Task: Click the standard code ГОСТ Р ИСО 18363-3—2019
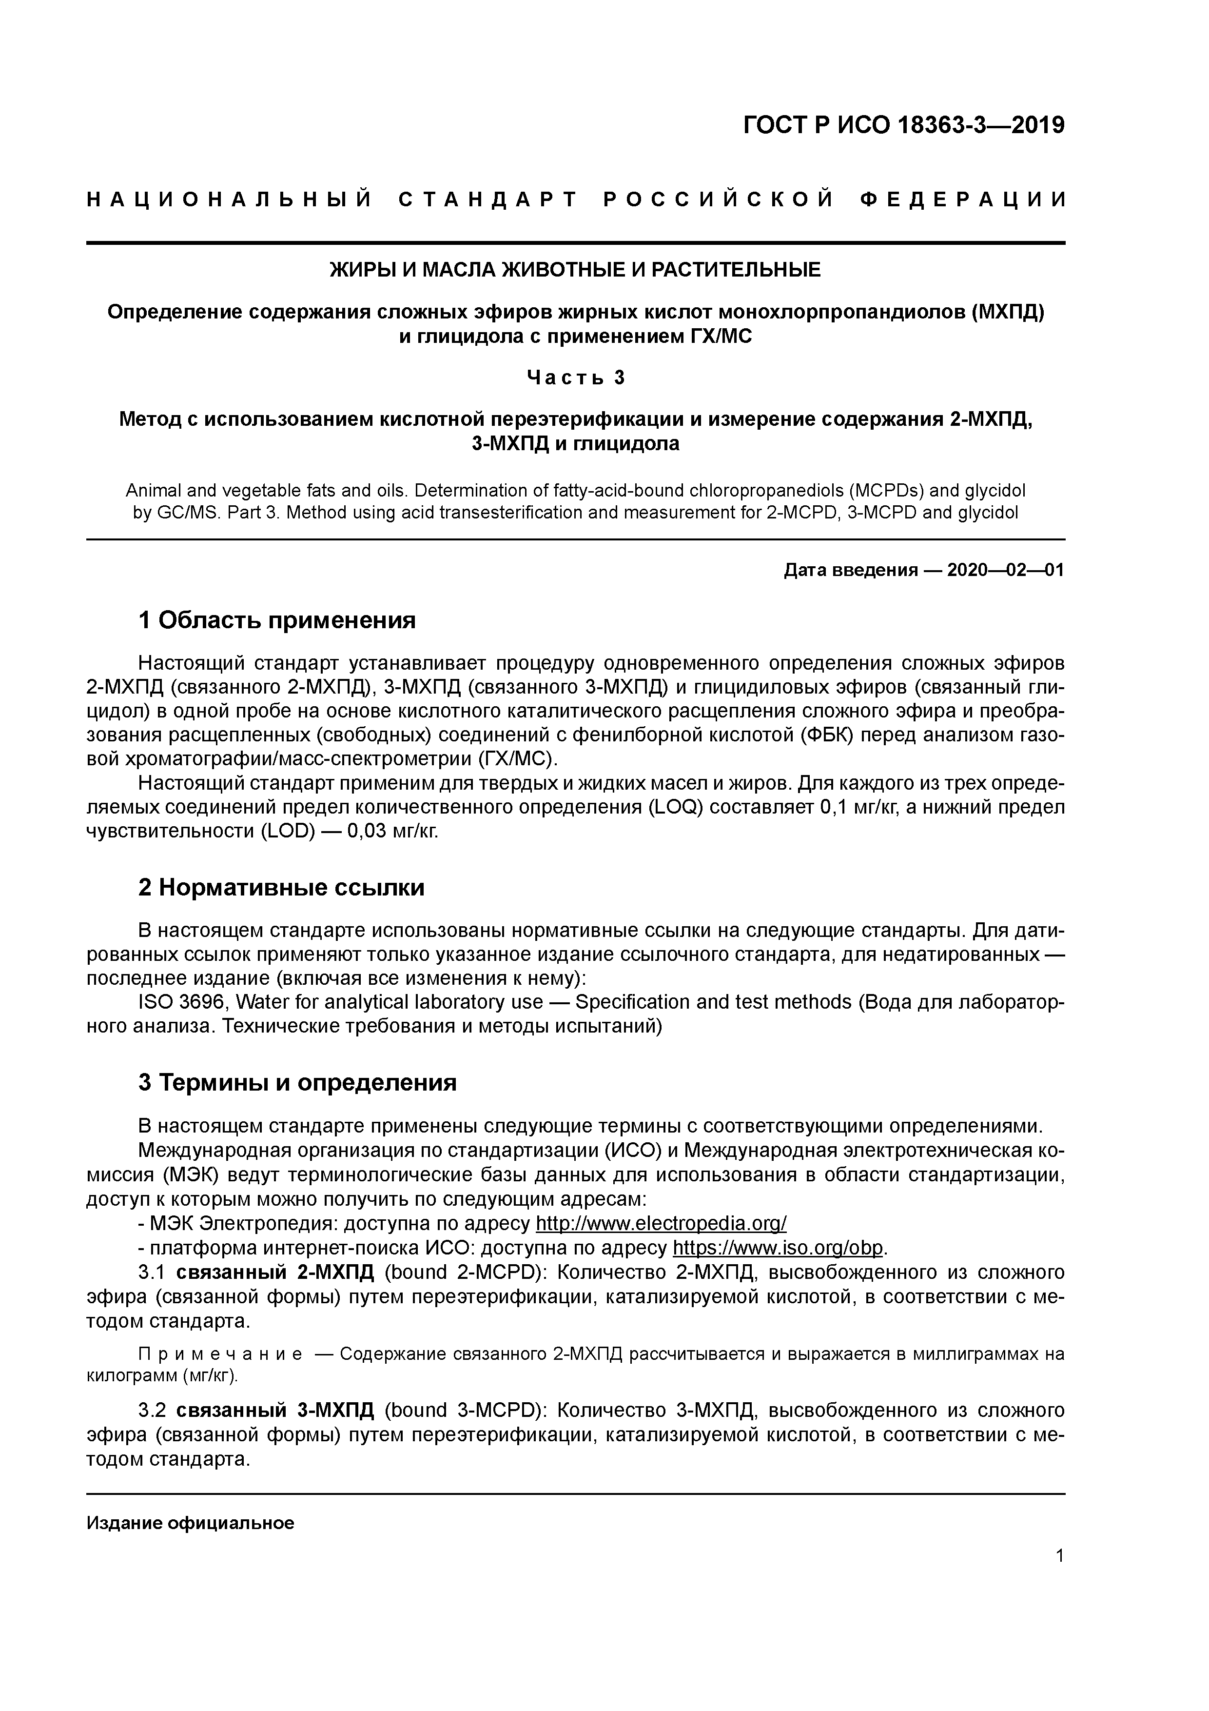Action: (904, 125)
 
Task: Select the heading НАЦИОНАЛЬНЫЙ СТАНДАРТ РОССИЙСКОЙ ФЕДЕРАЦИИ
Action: (576, 199)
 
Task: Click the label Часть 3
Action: (575, 378)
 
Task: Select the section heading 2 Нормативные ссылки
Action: (282, 888)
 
